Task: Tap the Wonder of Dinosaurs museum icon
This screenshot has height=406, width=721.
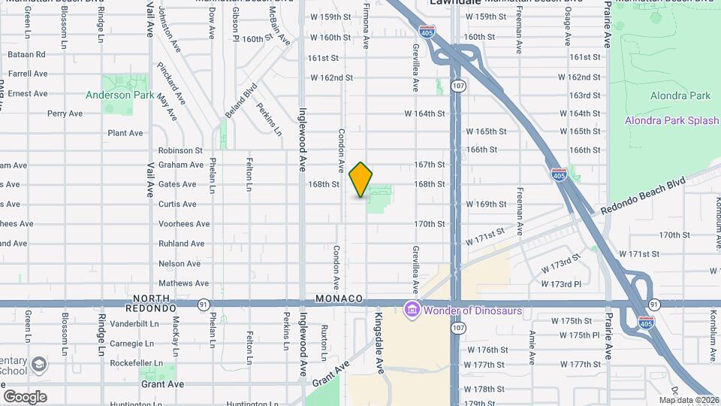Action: (411, 309)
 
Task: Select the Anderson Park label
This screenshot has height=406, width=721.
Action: (120, 95)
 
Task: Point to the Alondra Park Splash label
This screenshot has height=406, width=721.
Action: (672, 120)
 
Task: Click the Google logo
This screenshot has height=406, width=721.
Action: (25, 396)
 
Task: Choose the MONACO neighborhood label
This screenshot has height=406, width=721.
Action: (339, 298)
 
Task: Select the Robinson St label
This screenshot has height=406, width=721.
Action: (180, 150)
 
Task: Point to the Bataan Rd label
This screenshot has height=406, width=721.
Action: (26, 54)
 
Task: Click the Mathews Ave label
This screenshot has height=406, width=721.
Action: (179, 283)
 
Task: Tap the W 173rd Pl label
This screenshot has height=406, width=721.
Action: (562, 284)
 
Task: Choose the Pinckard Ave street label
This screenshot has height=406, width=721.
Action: (171, 83)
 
